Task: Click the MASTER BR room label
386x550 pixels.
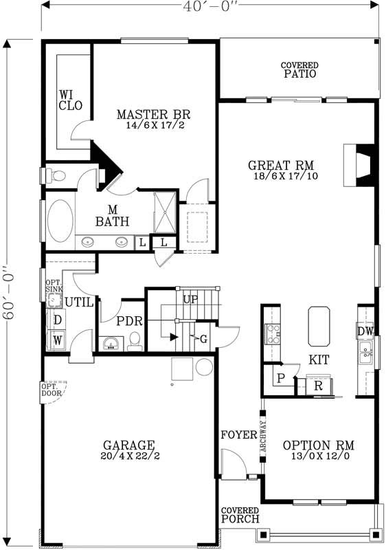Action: [153, 115]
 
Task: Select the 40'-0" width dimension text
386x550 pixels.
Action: [210, 6]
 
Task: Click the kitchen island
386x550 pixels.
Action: [319, 326]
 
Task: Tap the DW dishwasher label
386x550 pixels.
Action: [365, 331]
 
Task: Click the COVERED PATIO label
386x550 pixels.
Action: [299, 70]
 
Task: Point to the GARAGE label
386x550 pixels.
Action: [128, 445]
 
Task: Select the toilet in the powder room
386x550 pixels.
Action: [135, 340]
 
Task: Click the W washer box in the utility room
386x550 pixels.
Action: [58, 339]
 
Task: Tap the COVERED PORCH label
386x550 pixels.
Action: [240, 515]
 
